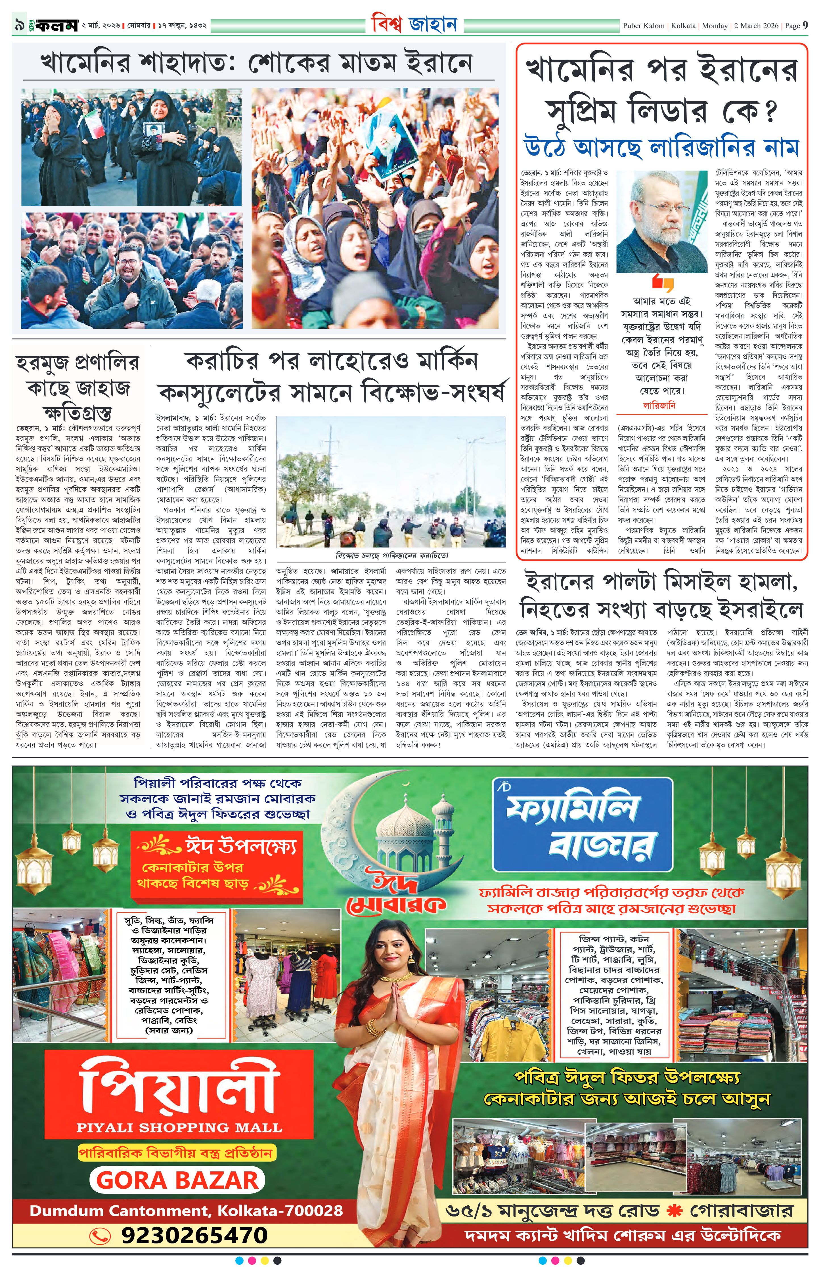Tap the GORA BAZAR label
pos(178,1180)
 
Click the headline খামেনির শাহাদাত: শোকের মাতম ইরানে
pos(256,63)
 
